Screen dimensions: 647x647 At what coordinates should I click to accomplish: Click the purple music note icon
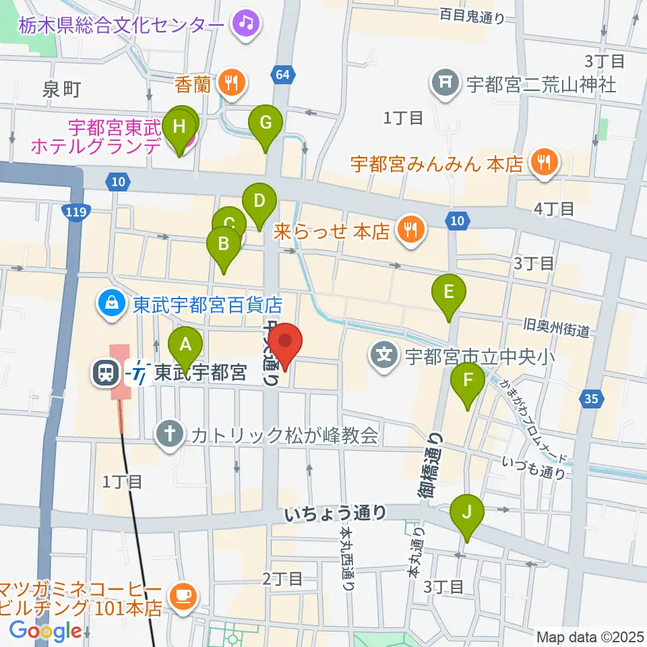pyautogui.click(x=242, y=24)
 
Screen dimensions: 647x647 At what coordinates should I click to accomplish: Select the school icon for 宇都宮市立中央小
pyautogui.click(x=384, y=352)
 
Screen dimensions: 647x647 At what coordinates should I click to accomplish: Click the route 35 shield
pyautogui.click(x=590, y=400)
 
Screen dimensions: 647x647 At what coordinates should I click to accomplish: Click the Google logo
pyautogui.click(x=44, y=631)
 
